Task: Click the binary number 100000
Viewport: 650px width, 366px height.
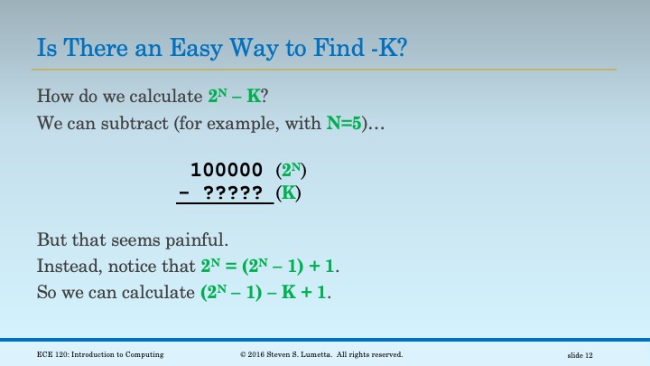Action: tap(227, 170)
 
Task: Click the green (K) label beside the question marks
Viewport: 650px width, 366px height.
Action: tap(288, 193)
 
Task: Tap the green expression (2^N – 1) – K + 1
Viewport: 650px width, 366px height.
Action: tap(264, 294)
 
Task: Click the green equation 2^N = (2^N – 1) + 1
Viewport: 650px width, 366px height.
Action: tap(270, 267)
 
